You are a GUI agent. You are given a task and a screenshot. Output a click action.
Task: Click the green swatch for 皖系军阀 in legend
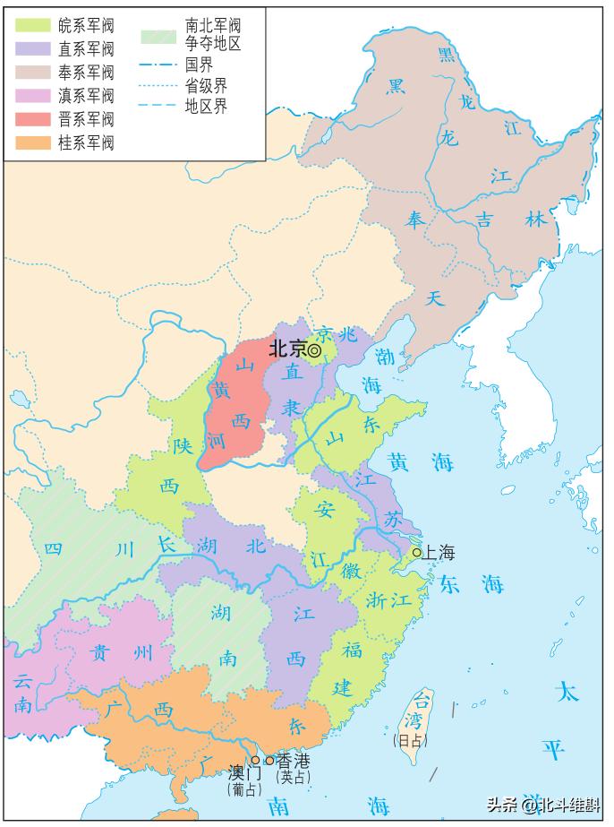(x=32, y=26)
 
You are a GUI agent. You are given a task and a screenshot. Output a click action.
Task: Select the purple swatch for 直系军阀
(x=32, y=49)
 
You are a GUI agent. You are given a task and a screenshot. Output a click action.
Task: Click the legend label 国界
(x=199, y=65)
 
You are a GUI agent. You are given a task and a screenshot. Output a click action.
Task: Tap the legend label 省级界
(x=206, y=85)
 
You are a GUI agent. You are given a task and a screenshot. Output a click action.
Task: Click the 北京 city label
(x=287, y=349)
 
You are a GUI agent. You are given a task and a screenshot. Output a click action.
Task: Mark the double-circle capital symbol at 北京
(x=314, y=350)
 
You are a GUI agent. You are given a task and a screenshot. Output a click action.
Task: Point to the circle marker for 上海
(x=416, y=552)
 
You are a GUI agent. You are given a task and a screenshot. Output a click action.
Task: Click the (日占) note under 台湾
(x=412, y=740)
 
